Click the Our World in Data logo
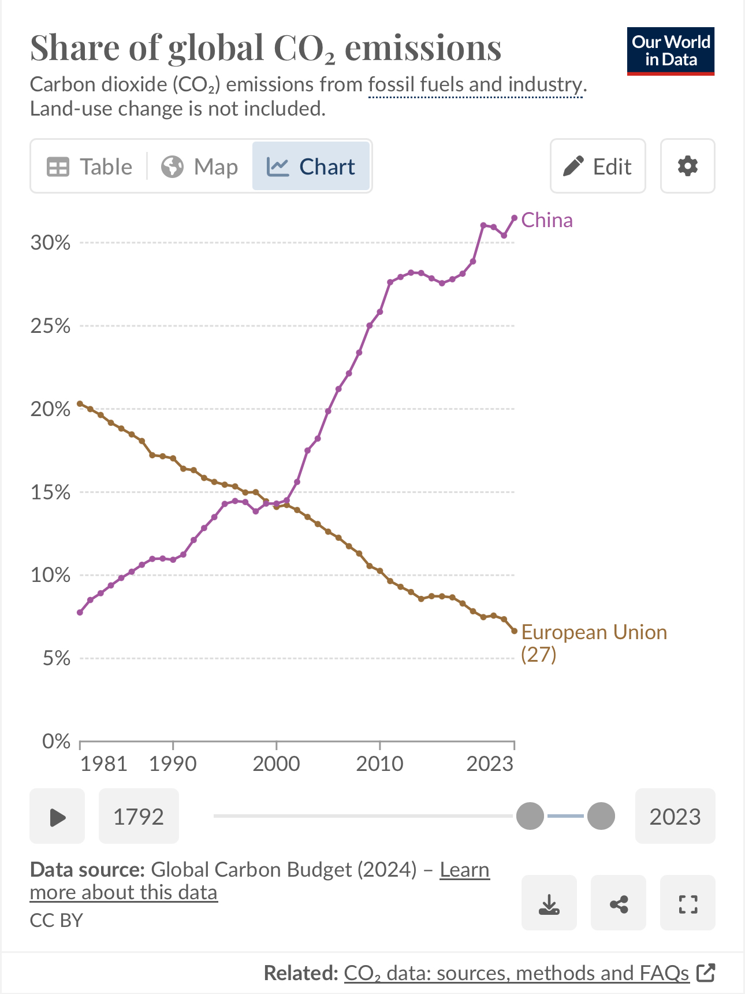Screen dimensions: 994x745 (670, 51)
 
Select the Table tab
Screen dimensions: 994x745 (90, 166)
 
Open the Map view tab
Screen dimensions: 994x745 (199, 166)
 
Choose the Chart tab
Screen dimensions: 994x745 (311, 166)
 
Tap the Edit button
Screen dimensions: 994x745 (598, 166)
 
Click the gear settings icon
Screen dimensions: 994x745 (687, 166)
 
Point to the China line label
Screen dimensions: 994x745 (546, 220)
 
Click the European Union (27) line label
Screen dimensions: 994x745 (593, 643)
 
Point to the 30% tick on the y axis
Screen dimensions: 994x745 (50, 243)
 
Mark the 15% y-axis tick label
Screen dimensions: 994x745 (50, 492)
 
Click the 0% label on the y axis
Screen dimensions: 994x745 (56, 741)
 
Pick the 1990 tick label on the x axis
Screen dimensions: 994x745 (173, 763)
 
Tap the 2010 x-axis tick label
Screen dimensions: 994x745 (379, 763)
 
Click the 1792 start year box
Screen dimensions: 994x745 (139, 817)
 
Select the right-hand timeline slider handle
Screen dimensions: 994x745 (601, 816)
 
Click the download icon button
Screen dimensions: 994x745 (549, 903)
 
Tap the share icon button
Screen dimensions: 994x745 (619, 903)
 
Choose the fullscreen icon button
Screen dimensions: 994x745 (688, 903)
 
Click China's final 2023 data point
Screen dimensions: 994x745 (515, 218)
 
